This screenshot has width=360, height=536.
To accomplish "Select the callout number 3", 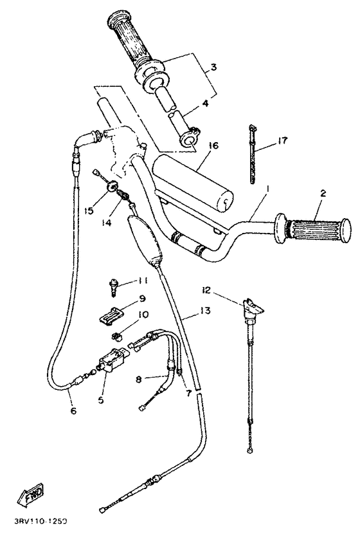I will [213, 66].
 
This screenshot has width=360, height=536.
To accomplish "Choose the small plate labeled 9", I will [112, 315].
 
